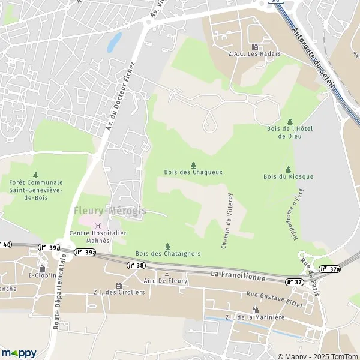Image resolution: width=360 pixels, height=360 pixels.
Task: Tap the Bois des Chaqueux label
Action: pos(193,172)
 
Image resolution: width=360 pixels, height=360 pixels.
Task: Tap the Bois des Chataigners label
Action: pos(168,254)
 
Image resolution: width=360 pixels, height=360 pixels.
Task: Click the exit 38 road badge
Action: pos(136,265)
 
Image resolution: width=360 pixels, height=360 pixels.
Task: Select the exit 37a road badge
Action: pos(330,269)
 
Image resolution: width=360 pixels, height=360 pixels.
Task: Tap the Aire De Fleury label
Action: pos(166,281)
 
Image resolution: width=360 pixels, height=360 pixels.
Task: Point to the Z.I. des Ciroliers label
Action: pos(119,293)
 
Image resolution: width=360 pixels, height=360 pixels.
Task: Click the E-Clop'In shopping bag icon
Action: pos(42,268)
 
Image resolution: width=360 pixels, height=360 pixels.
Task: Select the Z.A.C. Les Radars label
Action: pos(254,53)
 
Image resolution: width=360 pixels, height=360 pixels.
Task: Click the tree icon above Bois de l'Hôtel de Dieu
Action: pos(290,121)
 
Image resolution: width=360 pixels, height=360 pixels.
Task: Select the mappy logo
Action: pos(19,352)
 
